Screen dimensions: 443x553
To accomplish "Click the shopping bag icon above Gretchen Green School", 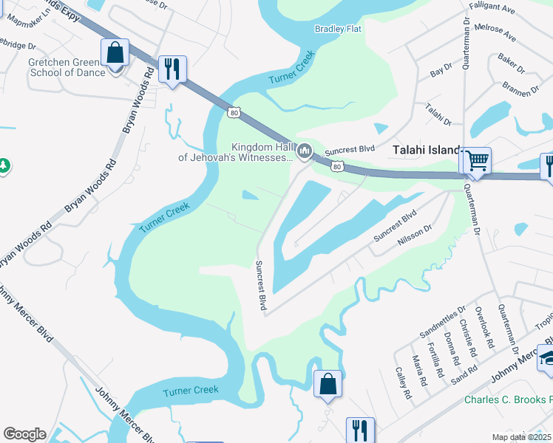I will [115, 54].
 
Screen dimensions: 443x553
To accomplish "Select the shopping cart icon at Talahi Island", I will [478, 159].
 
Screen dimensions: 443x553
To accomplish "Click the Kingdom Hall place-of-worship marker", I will [305, 152].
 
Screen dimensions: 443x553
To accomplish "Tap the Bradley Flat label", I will [338, 29].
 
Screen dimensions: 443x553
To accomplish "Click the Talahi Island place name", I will [426, 150].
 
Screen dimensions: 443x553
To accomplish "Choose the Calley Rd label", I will [404, 384].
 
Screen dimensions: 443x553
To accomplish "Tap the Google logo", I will [24, 433].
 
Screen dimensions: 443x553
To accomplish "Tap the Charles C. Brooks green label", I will [508, 400].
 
